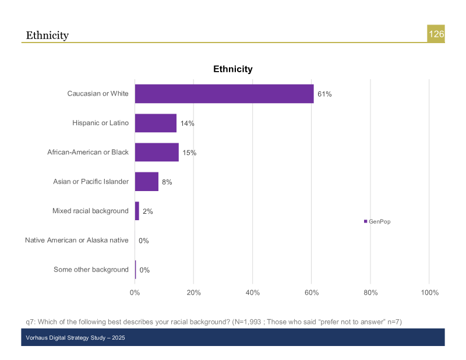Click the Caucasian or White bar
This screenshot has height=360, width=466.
coord(224,94)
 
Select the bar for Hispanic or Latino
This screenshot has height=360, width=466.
coord(156,123)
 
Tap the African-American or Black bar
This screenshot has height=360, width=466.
coord(157,152)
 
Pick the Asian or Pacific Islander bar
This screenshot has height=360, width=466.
coord(147,182)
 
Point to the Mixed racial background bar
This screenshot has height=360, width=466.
coord(137,211)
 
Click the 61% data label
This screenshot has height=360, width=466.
coord(324,94)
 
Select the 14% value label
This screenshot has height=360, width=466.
coord(187,123)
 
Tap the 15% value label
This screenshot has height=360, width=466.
coord(189,153)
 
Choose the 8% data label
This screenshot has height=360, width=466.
coord(167,182)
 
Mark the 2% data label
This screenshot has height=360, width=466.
coord(147,211)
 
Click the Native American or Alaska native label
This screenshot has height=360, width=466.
coord(76,240)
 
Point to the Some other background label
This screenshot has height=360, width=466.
coord(91,269)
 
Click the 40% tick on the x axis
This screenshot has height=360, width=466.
coord(252,292)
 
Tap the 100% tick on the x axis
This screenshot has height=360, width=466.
coord(429,292)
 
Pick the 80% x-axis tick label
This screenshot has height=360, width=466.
coord(370,292)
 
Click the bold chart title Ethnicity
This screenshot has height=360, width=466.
coord(233,69)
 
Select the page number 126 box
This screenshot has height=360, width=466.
coord(436,34)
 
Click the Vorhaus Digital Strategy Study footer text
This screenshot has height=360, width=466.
coord(76,338)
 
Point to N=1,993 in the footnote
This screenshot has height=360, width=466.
coord(248,322)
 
